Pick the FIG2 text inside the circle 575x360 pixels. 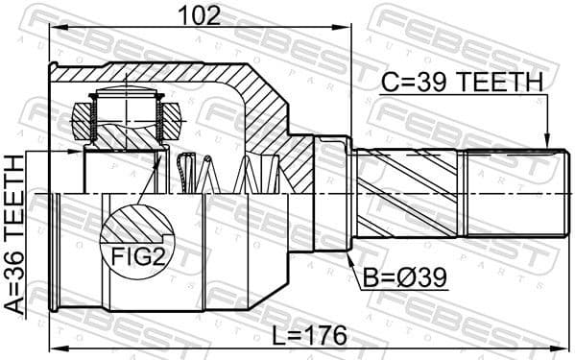135,256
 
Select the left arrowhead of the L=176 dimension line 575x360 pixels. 56,348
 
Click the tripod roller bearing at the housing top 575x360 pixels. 125,116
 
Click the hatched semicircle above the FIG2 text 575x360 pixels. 135,228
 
